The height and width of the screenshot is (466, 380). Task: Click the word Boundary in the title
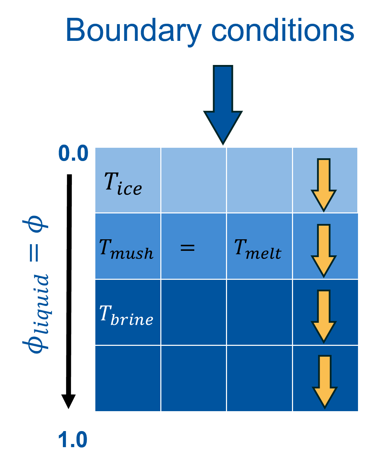tap(133, 30)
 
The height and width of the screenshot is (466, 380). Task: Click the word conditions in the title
tap(283, 30)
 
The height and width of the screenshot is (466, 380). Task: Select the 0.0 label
tap(73, 154)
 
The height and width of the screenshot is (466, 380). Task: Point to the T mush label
tap(126, 249)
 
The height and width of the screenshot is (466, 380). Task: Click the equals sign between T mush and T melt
tap(187, 248)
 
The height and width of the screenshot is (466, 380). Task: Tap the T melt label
tap(258, 249)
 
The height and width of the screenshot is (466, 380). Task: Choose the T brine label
tap(126, 315)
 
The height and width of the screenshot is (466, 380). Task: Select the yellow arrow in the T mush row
tap(324, 250)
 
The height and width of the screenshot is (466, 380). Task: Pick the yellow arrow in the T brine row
tap(324, 316)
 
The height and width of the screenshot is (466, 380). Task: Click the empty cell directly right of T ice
tap(193, 180)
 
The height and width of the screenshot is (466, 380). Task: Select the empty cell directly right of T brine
tap(193, 312)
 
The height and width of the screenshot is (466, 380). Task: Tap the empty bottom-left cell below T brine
tap(128, 379)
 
